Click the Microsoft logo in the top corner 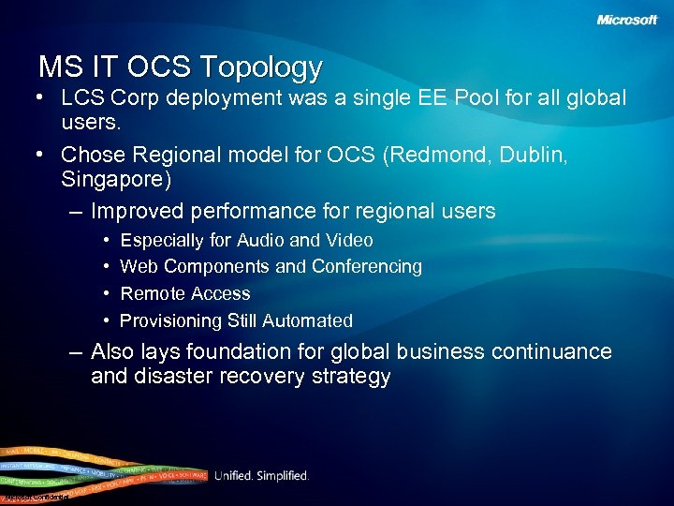pyautogui.click(x=627, y=20)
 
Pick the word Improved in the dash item pyautogui.click(x=139, y=211)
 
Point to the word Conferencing pyautogui.click(x=367, y=267)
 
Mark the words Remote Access pyautogui.click(x=185, y=293)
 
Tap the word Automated pyautogui.click(x=307, y=320)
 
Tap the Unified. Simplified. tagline pyautogui.click(x=261, y=476)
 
